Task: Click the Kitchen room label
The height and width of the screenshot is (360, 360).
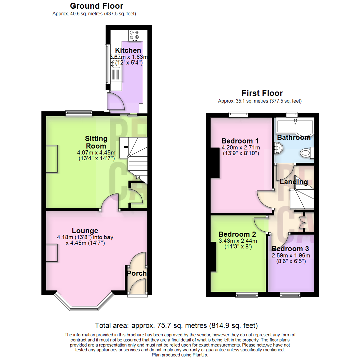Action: pyautogui.click(x=128, y=51)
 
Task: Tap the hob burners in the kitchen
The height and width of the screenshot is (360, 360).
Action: pyautogui.click(x=134, y=35)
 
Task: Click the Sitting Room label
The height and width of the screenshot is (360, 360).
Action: pyautogui.click(x=96, y=142)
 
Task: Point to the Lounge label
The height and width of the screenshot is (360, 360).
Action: pyautogui.click(x=85, y=231)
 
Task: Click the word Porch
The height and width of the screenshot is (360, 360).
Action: pyautogui.click(x=137, y=274)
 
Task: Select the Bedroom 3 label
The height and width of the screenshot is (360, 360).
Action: pyautogui.click(x=290, y=249)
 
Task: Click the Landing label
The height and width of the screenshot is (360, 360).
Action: pyautogui.click(x=294, y=182)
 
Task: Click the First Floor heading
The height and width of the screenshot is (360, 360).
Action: pyautogui.click(x=262, y=93)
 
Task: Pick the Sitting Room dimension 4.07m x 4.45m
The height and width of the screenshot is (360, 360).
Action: pyautogui.click(x=96, y=153)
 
